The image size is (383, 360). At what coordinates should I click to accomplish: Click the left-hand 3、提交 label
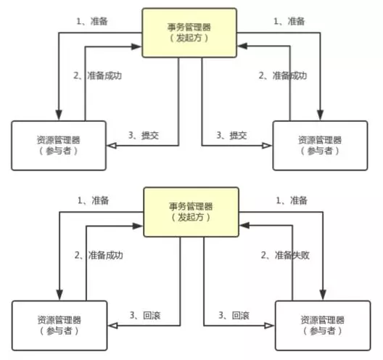143,135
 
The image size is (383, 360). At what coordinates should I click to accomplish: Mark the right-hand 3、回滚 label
232,314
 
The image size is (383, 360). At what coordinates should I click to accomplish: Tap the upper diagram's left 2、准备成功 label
99,75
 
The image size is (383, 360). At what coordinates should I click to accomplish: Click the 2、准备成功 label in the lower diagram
99,255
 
